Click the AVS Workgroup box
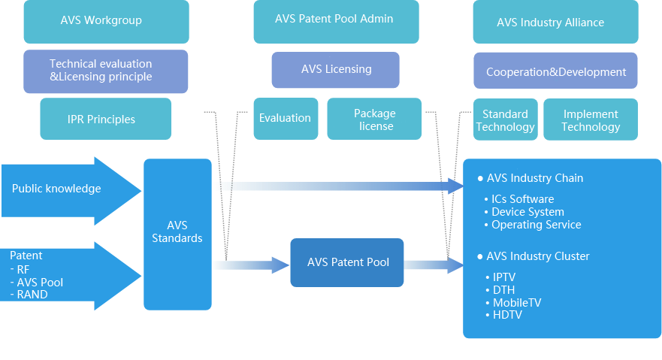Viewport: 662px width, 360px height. click(x=106, y=21)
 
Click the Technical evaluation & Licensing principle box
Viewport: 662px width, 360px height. click(x=106, y=71)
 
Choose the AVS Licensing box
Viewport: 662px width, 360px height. click(x=336, y=69)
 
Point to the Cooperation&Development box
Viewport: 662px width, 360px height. click(x=555, y=71)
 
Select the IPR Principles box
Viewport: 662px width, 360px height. click(x=106, y=119)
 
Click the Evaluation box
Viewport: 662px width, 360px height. click(x=285, y=119)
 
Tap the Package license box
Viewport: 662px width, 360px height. click(x=375, y=119)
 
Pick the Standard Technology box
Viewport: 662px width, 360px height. click(x=505, y=120)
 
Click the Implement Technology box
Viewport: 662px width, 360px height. click(x=591, y=120)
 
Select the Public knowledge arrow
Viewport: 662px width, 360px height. click(x=68, y=189)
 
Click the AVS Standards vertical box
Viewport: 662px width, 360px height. click(x=177, y=233)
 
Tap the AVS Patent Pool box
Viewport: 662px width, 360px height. click(x=347, y=262)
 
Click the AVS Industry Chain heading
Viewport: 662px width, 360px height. click(x=534, y=178)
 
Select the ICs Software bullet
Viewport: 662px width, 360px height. click(x=522, y=199)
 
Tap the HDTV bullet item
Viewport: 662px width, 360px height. click(x=506, y=315)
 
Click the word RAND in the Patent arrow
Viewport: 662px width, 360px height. click(x=32, y=295)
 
